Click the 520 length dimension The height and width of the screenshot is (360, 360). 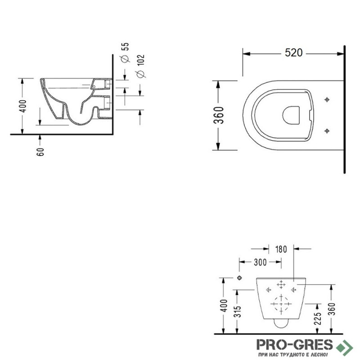294,53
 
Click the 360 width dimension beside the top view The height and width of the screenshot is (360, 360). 219,115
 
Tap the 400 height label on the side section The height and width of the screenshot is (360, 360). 23,106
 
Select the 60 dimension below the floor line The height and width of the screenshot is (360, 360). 40,152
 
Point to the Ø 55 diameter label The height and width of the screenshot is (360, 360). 126,52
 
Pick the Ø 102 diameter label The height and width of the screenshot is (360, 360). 140,66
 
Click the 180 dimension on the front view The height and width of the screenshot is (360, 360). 281,249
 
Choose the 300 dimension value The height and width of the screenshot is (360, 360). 260,262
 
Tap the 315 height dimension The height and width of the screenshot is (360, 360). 239,311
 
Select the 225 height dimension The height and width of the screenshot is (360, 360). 318,319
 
